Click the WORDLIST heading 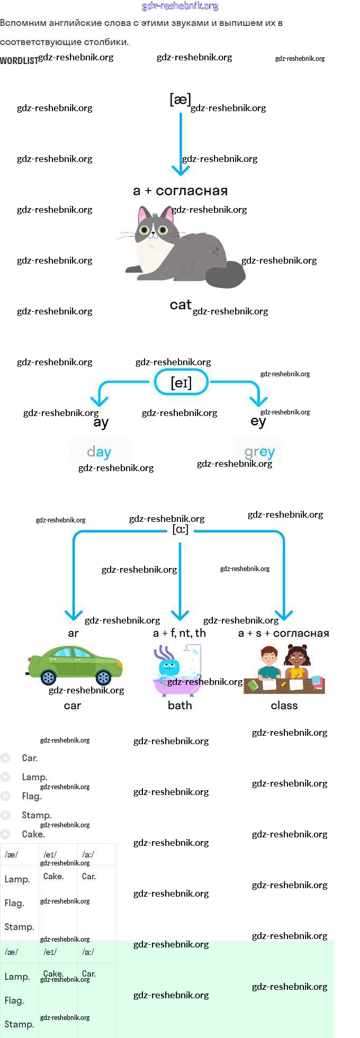pyautogui.click(x=19, y=61)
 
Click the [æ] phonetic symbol pyautogui.click(x=180, y=99)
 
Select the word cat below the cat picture pyautogui.click(x=180, y=305)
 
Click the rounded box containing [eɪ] pyautogui.click(x=181, y=382)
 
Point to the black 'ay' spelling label pyautogui.click(x=101, y=422)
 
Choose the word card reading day pyautogui.click(x=100, y=452)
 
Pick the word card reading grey pyautogui.click(x=259, y=452)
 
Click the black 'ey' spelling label pyautogui.click(x=258, y=421)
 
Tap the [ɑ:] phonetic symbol pyautogui.click(x=181, y=529)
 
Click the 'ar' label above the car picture pyautogui.click(x=73, y=633)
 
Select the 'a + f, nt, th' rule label pyautogui.click(x=179, y=633)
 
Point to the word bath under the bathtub pyautogui.click(x=179, y=705)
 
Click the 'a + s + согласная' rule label pyautogui.click(x=283, y=633)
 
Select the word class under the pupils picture pyautogui.click(x=284, y=705)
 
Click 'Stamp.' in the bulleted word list pyautogui.click(x=37, y=815)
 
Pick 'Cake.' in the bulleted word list pyautogui.click(x=33, y=834)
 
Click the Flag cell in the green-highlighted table pyautogui.click(x=14, y=1000)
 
